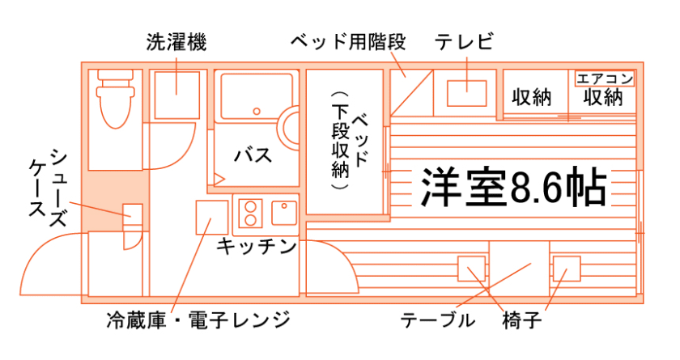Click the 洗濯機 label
click(x=176, y=42)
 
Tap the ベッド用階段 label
click(x=347, y=42)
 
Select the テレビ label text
click(x=464, y=42)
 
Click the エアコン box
click(x=604, y=79)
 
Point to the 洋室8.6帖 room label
click(x=513, y=188)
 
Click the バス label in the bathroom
click(x=253, y=155)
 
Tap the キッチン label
click(x=256, y=247)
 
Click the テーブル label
click(x=438, y=320)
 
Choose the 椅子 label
click(x=521, y=320)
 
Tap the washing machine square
click(x=176, y=94)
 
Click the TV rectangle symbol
click(x=467, y=94)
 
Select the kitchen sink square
click(x=284, y=214)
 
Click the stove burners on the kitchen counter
click(x=251, y=213)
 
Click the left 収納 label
click(x=532, y=98)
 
